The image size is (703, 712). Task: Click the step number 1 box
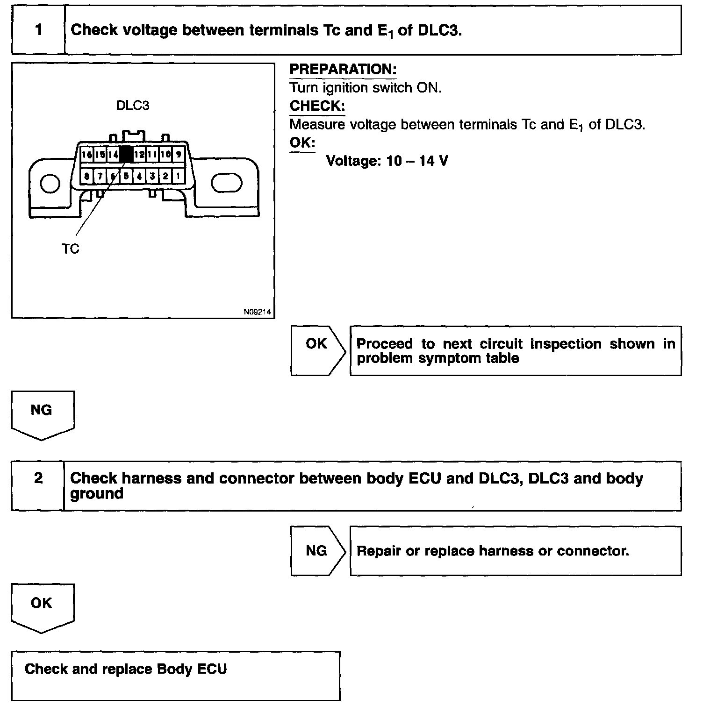pyautogui.click(x=38, y=30)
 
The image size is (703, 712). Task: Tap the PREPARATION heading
pyautogui.click(x=343, y=70)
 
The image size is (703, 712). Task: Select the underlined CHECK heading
pyautogui.click(x=317, y=106)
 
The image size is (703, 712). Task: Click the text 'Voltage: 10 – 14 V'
pyautogui.click(x=387, y=161)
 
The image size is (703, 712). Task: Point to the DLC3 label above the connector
pyautogui.click(x=132, y=106)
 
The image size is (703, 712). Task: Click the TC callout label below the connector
pyautogui.click(x=71, y=249)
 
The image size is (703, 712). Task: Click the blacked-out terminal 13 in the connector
pyautogui.click(x=126, y=155)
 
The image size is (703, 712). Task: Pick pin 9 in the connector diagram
pyautogui.click(x=179, y=154)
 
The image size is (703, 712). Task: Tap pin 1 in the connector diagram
pyautogui.click(x=178, y=176)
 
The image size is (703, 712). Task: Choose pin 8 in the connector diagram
pyautogui.click(x=87, y=176)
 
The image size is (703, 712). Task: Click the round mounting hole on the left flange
pyautogui.click(x=50, y=183)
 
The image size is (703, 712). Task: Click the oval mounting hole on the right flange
pyautogui.click(x=226, y=183)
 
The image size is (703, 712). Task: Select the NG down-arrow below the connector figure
pyautogui.click(x=42, y=414)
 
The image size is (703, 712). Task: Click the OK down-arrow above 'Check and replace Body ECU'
pyautogui.click(x=42, y=607)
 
